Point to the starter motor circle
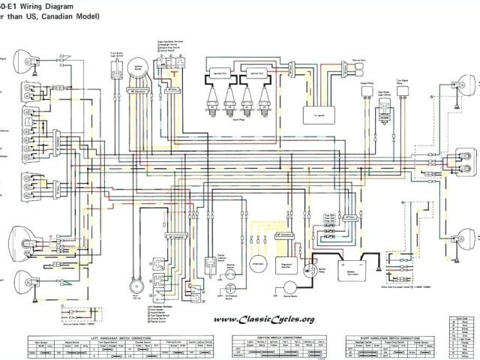291,288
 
